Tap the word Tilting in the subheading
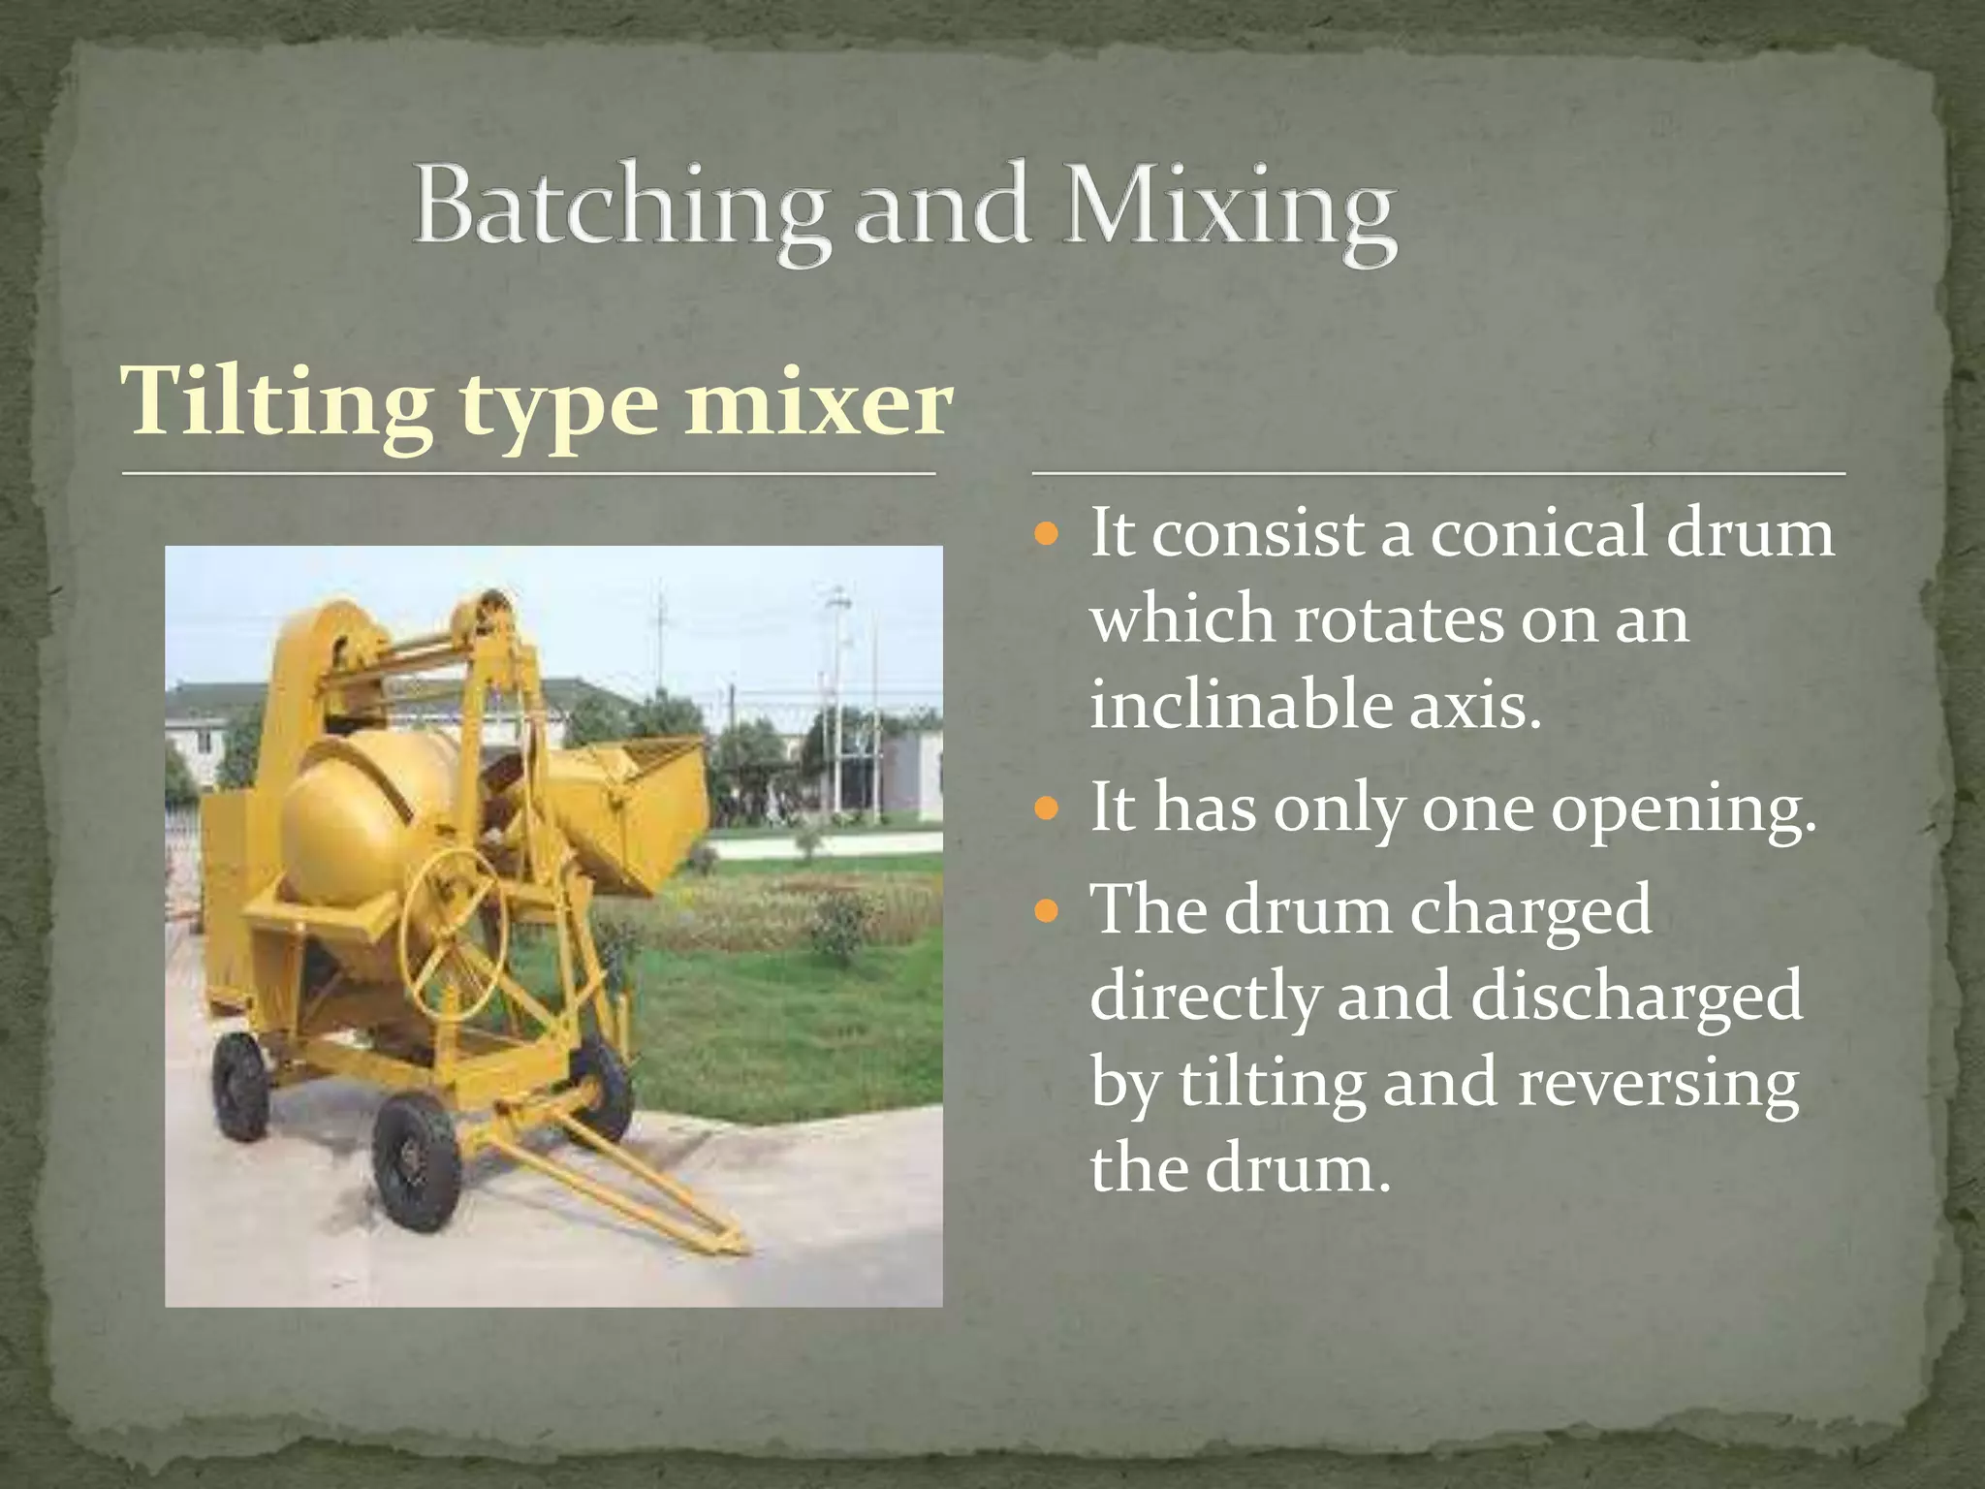coord(276,403)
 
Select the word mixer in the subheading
coord(818,403)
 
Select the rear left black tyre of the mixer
coord(239,1086)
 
